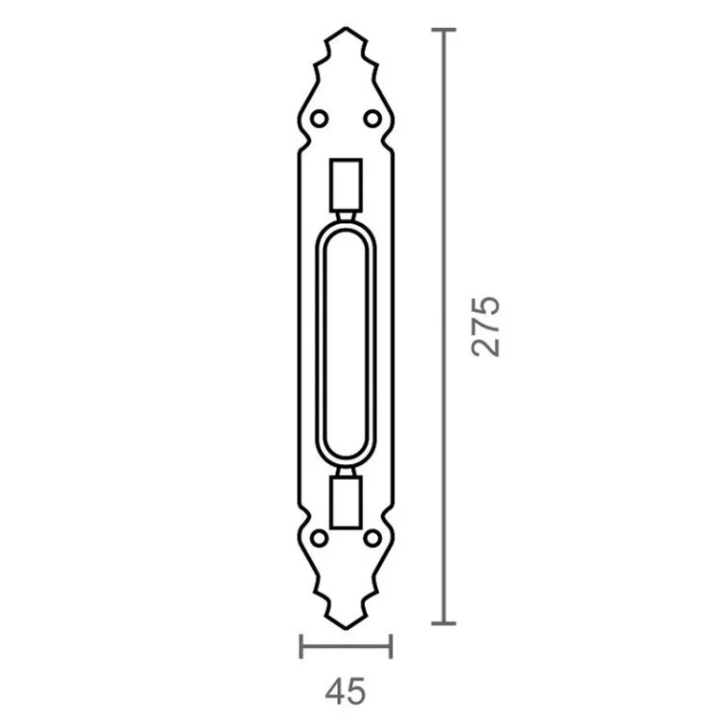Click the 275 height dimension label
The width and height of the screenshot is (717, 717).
tap(485, 326)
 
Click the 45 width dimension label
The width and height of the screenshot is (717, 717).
tap(345, 691)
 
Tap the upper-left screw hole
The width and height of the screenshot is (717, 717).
tap(319, 119)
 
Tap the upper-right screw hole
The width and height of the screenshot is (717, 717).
tap(373, 119)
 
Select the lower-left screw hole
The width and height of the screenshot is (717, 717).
tap(319, 538)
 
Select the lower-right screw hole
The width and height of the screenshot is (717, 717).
tap(373, 538)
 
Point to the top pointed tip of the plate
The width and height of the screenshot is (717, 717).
tap(346, 28)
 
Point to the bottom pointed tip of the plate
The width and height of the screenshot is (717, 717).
tap(346, 629)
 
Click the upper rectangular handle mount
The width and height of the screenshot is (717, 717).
tap(346, 185)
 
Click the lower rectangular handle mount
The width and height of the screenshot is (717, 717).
tap(346, 502)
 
